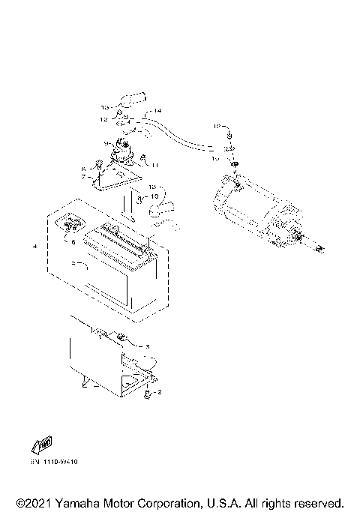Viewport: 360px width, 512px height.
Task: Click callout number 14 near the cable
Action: [x=157, y=111]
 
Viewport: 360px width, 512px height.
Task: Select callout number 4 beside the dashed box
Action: [x=34, y=246]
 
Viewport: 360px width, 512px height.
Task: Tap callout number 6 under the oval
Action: [x=73, y=242]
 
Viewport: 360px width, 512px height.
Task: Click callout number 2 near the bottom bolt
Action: [x=159, y=392]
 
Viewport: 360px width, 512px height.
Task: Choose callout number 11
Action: [x=156, y=164]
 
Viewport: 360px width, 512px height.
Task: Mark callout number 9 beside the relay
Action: [x=106, y=143]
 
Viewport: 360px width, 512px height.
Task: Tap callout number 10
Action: [x=155, y=196]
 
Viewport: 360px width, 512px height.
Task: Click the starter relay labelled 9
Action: [x=121, y=154]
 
